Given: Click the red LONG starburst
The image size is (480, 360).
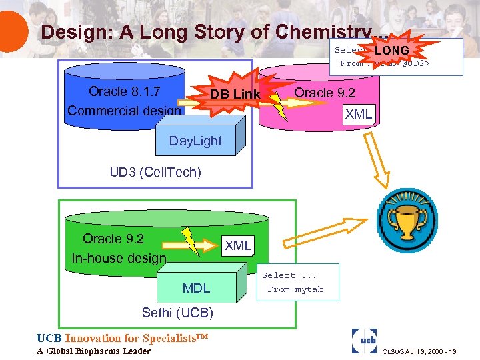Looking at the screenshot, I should tap(391, 51).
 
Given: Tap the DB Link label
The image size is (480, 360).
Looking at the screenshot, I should tap(235, 95).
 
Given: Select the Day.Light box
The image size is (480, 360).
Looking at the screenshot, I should tap(195, 141).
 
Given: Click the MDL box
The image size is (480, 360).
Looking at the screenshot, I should tap(196, 288).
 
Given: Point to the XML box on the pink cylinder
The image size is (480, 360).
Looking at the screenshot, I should tap(359, 114).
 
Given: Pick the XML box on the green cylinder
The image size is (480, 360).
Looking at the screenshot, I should tap(237, 245).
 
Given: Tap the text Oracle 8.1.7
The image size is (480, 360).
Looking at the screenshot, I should tap(124, 91).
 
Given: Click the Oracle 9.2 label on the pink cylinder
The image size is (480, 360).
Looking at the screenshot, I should tap(325, 93).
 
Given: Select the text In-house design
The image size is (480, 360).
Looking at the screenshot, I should tap(119, 258).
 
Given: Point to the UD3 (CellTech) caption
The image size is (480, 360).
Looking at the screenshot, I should tap(155, 172).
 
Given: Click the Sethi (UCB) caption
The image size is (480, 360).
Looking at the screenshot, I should tap(177, 313).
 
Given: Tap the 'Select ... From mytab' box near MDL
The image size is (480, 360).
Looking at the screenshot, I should tap(297, 282).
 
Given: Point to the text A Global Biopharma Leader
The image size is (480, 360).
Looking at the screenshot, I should tap(93, 351).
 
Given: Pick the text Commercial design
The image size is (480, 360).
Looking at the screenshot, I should tap(124, 111).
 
